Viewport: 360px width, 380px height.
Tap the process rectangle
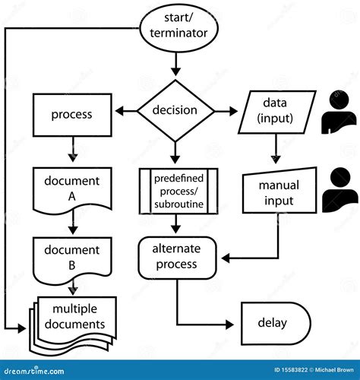[x=71, y=115]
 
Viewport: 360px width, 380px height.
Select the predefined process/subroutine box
[x=178, y=190]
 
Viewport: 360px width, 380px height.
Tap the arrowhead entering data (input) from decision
[x=234, y=111]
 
